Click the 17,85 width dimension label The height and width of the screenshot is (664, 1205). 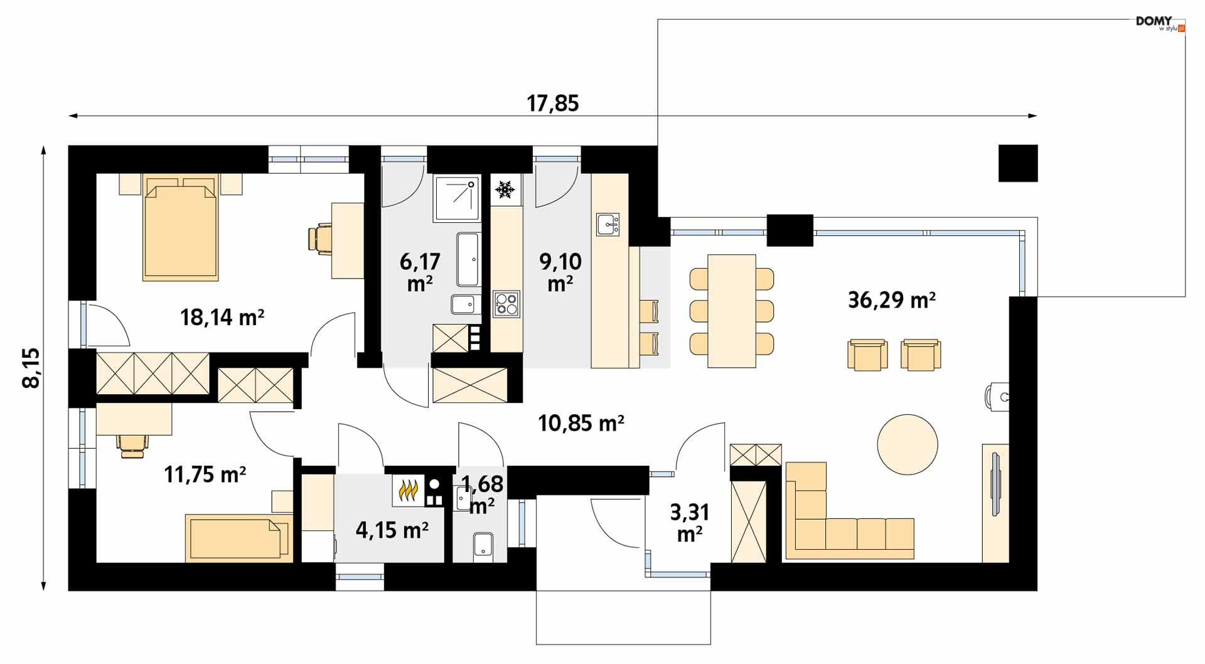(x=552, y=103)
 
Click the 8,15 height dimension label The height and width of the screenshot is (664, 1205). (x=31, y=368)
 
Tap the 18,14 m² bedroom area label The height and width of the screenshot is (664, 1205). (x=222, y=317)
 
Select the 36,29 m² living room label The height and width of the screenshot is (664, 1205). (x=892, y=300)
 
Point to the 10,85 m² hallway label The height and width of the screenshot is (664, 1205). (x=581, y=423)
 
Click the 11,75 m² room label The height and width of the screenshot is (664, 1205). (x=205, y=474)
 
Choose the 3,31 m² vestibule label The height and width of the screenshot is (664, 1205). (x=690, y=523)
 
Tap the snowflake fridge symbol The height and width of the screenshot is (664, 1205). (x=505, y=189)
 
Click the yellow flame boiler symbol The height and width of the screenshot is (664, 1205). (x=409, y=490)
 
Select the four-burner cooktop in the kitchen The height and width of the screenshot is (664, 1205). (x=506, y=304)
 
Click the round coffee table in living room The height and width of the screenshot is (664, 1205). (x=907, y=444)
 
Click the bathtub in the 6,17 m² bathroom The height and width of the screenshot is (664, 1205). (x=468, y=260)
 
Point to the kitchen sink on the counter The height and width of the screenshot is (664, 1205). (x=608, y=224)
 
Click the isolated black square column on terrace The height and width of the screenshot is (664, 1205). (x=1018, y=163)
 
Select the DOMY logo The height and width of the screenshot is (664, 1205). (x=1160, y=24)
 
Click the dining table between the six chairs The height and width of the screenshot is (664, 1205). (x=731, y=311)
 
